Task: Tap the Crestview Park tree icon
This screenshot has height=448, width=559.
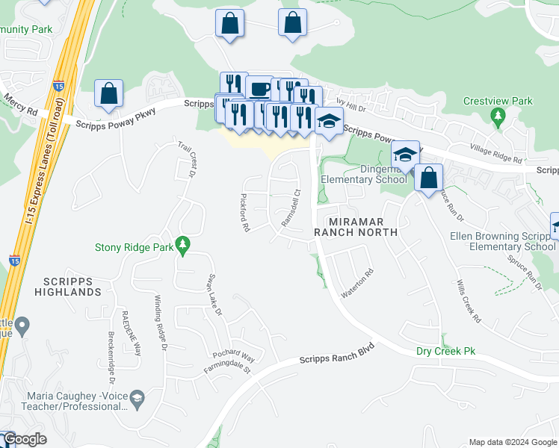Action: pos(498,116)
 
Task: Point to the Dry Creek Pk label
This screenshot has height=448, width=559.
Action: pos(445,351)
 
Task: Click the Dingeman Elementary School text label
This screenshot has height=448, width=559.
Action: pos(364,175)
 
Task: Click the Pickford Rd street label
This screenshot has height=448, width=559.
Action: pos(243,214)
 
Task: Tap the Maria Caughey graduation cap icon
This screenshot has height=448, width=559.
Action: pos(138,399)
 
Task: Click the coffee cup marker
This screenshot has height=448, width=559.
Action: pos(259,90)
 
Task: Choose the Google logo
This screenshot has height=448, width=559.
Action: pos(25,440)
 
